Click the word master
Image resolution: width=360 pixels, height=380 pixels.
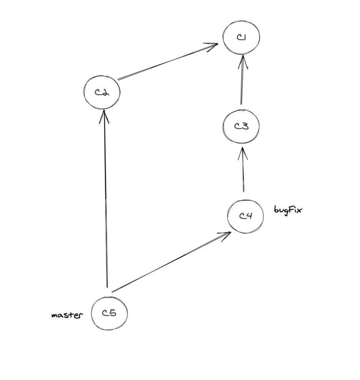click(67, 315)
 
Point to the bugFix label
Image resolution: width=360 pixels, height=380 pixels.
click(288, 210)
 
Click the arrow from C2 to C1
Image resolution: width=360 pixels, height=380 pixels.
click(168, 62)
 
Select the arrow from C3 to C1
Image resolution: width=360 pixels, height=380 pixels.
click(242, 80)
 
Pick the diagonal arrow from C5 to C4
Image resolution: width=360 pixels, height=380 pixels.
click(171, 262)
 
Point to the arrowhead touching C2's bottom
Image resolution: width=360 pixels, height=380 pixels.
click(104, 116)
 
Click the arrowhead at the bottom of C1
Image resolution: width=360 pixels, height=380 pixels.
click(243, 62)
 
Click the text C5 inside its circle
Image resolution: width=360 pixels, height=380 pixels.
click(109, 313)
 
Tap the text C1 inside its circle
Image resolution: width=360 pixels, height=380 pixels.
click(242, 37)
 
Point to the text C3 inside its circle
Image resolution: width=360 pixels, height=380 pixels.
click(242, 126)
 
